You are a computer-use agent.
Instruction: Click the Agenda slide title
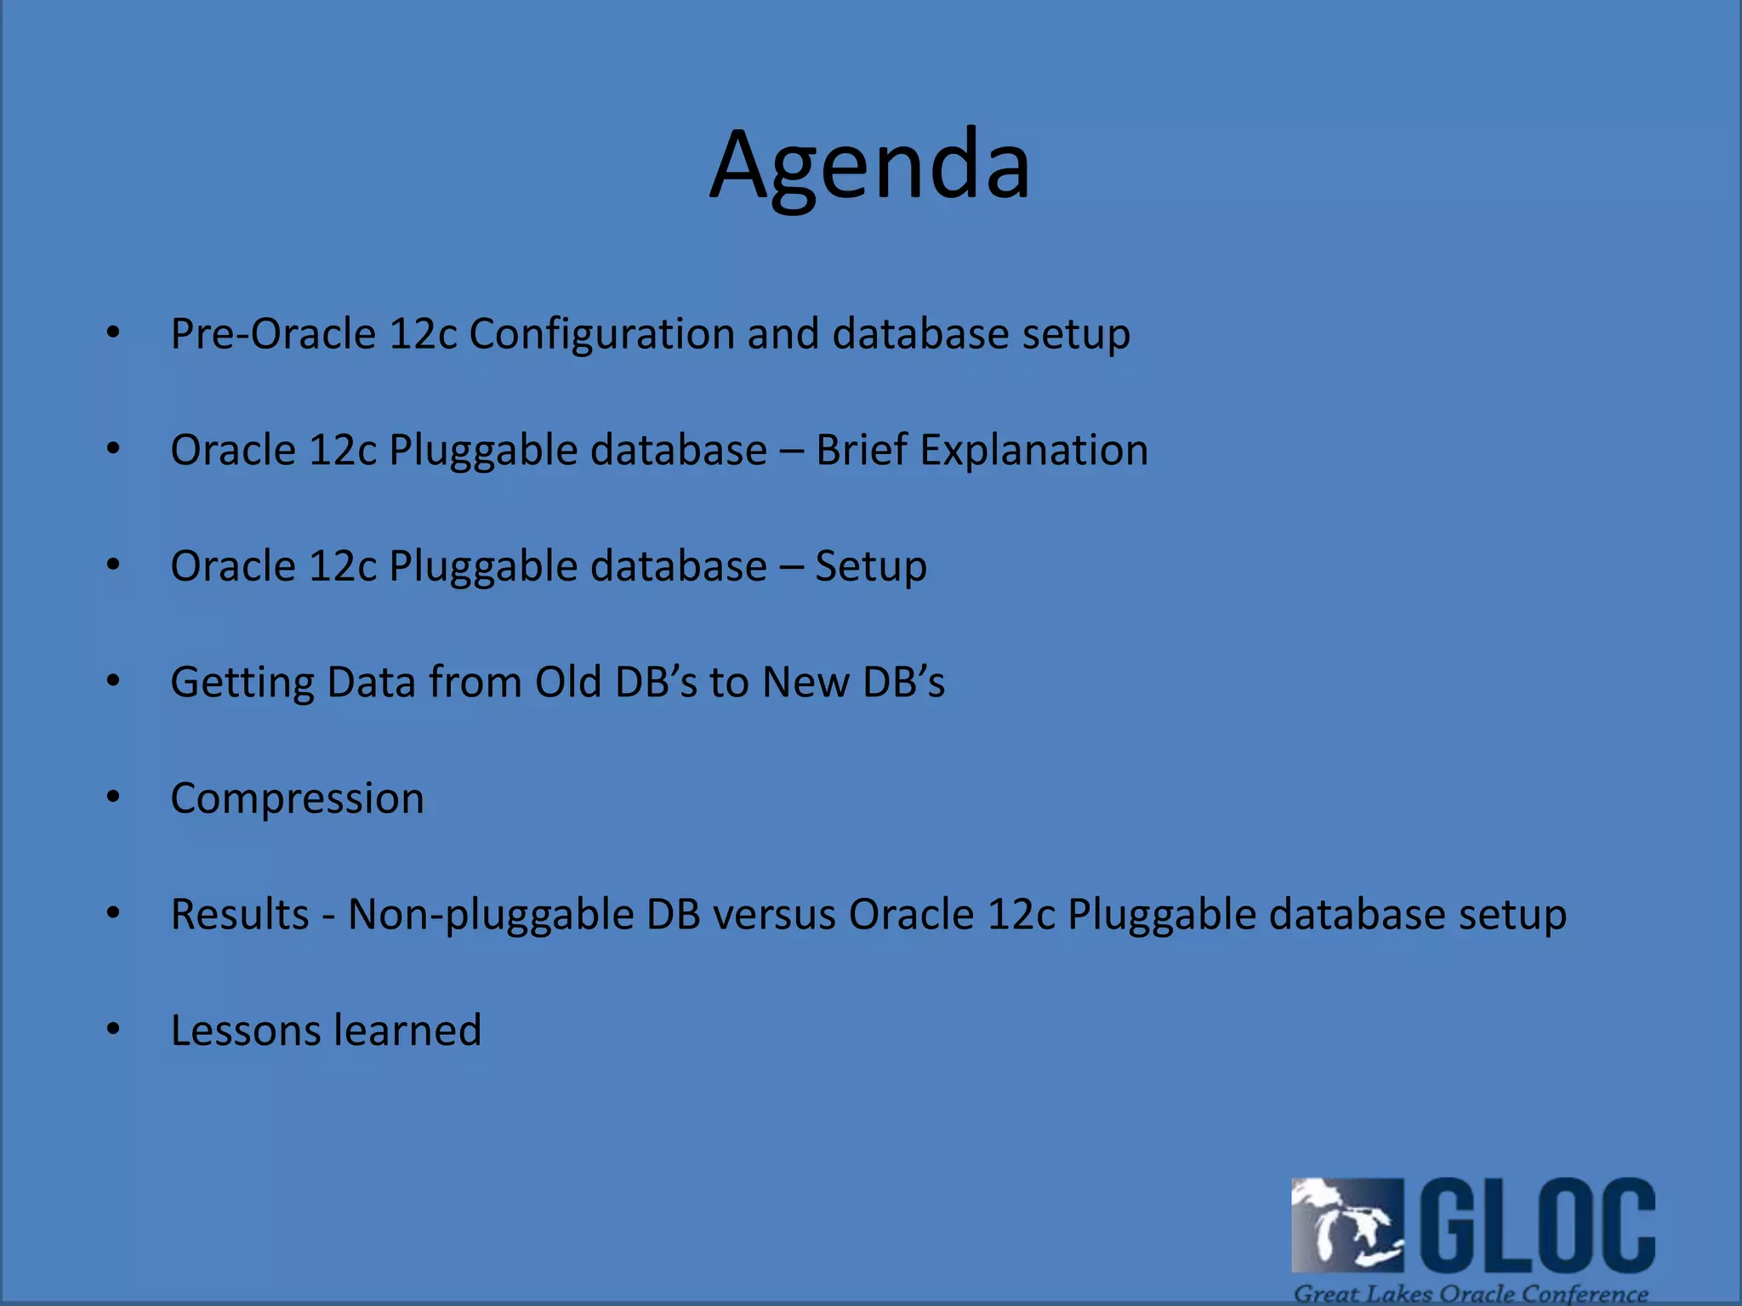pyautogui.click(x=869, y=166)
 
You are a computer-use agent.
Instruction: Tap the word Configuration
pyautogui.click(x=601, y=333)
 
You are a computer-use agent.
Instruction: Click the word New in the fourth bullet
pyautogui.click(x=806, y=682)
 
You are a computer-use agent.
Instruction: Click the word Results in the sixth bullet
pyautogui.click(x=240, y=915)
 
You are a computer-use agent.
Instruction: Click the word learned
pyautogui.click(x=408, y=1031)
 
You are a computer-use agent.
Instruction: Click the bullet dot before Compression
pyautogui.click(x=113, y=798)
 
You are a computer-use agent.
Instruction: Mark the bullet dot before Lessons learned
pyautogui.click(x=113, y=1030)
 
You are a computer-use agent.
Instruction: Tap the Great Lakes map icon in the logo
pyautogui.click(x=1346, y=1225)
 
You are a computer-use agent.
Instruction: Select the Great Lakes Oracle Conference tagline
pyautogui.click(x=1471, y=1293)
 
